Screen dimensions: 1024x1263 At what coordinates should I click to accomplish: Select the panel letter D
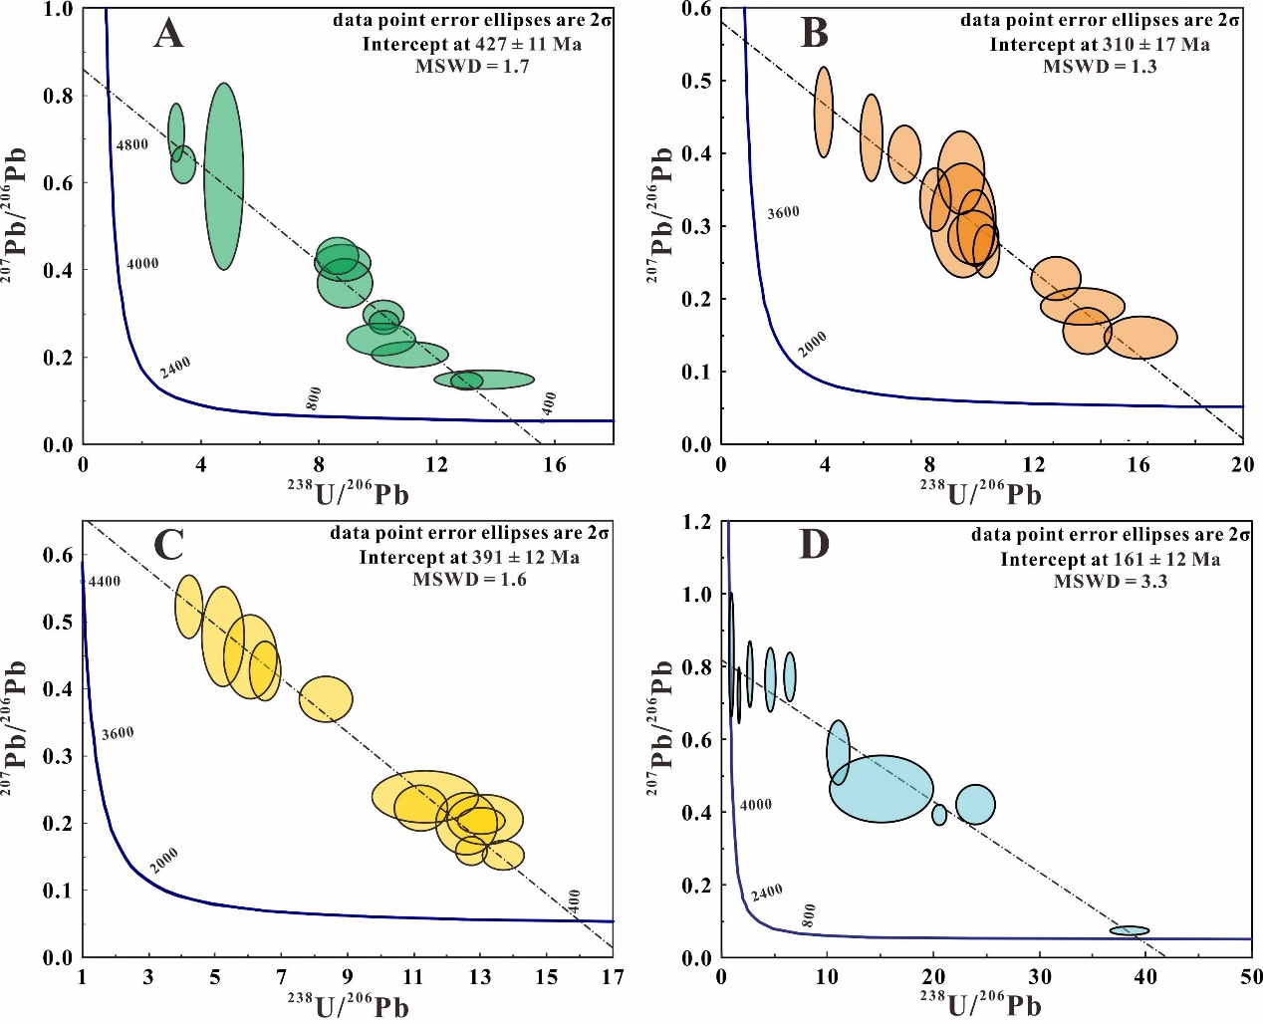point(814,545)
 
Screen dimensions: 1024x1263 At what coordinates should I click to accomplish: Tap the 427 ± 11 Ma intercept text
point(471,44)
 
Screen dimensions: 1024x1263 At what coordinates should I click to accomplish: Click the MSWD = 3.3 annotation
point(1111,581)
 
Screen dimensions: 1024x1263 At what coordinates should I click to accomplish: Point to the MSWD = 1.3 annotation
point(1100,67)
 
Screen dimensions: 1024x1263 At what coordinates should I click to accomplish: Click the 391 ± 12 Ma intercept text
point(469,557)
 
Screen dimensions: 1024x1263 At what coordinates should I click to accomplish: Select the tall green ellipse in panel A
point(224,176)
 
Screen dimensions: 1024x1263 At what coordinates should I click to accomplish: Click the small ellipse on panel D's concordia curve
point(1130,930)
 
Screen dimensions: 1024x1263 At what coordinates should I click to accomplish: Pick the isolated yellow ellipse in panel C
point(326,698)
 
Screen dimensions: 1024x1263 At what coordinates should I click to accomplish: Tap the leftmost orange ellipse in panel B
point(824,112)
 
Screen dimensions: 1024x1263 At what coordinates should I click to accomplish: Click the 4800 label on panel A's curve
point(132,145)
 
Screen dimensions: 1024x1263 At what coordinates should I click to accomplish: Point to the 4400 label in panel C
point(105,582)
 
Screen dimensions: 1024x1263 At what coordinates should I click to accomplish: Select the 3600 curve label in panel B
point(784,212)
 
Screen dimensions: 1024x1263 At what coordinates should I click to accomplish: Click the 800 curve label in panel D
point(809,914)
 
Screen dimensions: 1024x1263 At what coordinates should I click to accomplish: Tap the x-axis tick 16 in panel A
point(554,464)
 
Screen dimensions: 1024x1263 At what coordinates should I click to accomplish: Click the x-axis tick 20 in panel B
point(1242,464)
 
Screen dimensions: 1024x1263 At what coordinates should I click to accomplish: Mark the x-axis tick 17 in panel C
point(613,977)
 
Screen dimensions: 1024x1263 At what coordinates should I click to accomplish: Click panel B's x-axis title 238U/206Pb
point(980,492)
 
